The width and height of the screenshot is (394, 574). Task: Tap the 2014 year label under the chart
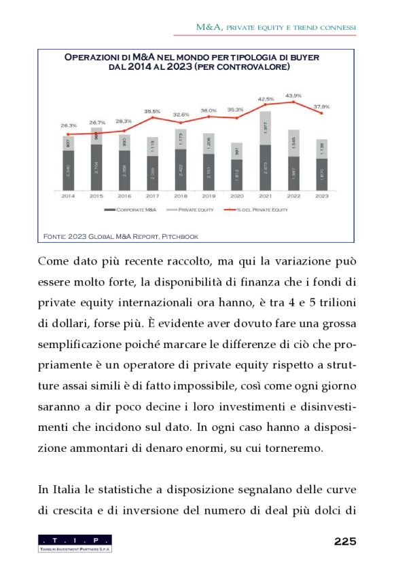pyautogui.click(x=69, y=196)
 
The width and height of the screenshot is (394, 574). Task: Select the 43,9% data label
pyautogui.click(x=293, y=96)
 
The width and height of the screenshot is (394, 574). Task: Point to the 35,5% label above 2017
pyautogui.click(x=152, y=111)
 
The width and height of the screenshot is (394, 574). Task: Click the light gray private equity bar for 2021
pyautogui.click(x=266, y=128)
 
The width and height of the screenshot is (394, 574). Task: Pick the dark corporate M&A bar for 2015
pyautogui.click(x=96, y=167)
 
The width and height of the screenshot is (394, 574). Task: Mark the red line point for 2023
pyautogui.click(x=321, y=113)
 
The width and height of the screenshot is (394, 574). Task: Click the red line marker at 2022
pyautogui.click(x=293, y=102)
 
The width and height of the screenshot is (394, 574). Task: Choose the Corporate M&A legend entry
pyautogui.click(x=132, y=210)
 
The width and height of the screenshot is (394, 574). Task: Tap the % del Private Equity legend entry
pyautogui.click(x=262, y=210)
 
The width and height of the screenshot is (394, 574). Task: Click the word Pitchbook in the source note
pyautogui.click(x=181, y=235)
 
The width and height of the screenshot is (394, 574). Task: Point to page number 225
pyautogui.click(x=345, y=541)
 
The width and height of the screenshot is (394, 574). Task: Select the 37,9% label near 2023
pyautogui.click(x=321, y=107)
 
